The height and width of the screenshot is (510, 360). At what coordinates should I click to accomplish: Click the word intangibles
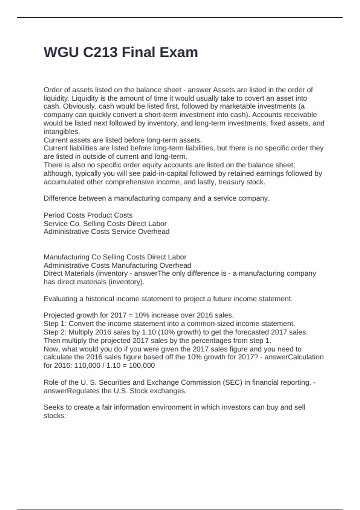[61, 131]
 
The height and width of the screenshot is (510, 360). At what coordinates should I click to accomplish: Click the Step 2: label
[55, 332]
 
